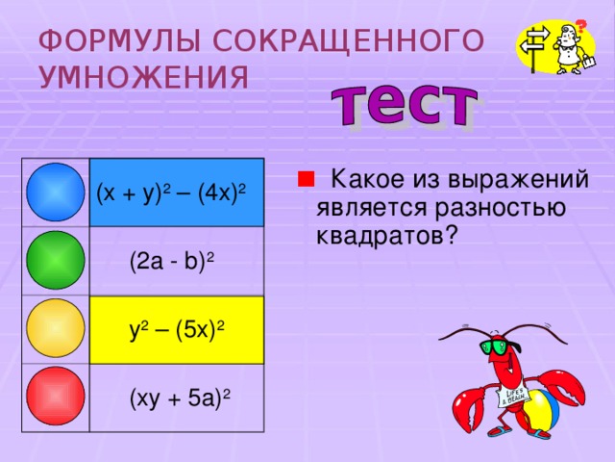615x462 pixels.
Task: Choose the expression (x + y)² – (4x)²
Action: (171, 194)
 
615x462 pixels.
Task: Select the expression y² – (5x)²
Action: (177, 329)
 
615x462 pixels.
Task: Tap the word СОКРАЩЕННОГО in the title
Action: (346, 40)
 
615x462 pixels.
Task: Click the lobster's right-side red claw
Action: (561, 388)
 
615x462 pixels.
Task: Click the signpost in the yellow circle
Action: (536, 43)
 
